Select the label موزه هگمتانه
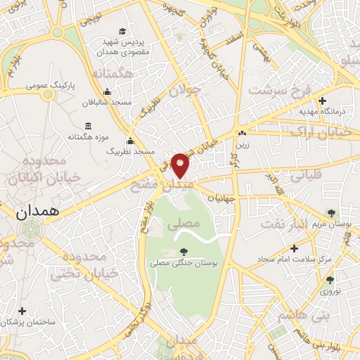(106, 136)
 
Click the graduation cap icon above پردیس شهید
(123, 31)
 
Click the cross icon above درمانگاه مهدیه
(323, 101)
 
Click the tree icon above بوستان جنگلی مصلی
(184, 251)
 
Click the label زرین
(243, 141)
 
